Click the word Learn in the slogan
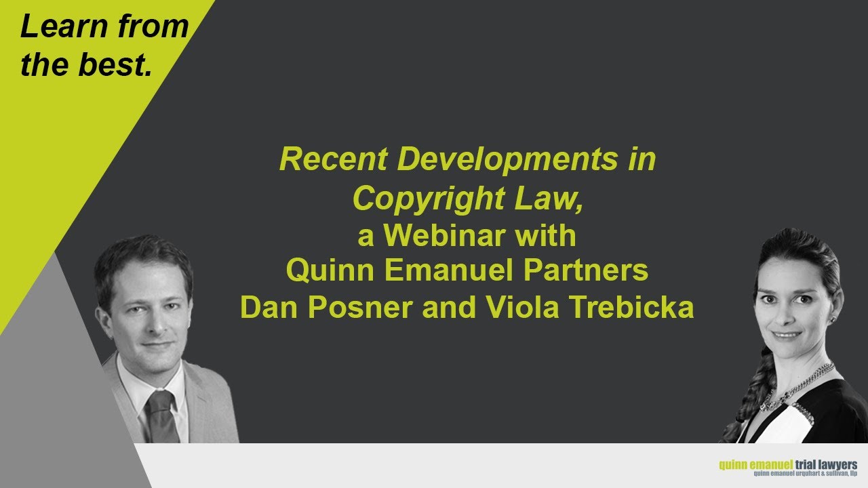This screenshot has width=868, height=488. (x=58, y=27)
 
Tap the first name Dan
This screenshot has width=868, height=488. (x=269, y=308)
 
